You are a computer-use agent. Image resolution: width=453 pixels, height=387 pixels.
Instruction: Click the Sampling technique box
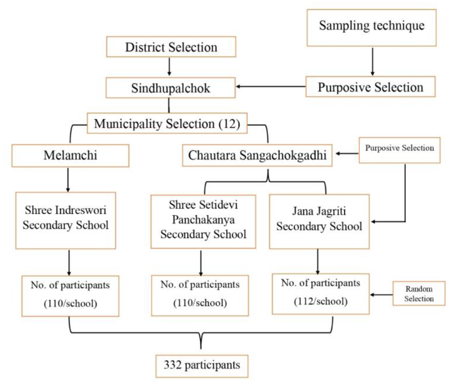(371, 27)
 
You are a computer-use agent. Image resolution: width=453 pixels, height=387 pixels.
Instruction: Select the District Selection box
(171, 47)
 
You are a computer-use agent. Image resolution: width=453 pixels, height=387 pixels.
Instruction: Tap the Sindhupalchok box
(171, 88)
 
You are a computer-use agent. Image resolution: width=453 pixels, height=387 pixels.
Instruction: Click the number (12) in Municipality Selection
(229, 124)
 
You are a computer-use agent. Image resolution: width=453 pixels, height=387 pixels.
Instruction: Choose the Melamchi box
(70, 155)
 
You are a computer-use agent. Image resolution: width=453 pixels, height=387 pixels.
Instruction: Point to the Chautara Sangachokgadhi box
(257, 155)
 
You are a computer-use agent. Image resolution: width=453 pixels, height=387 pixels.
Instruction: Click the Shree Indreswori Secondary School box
(66, 220)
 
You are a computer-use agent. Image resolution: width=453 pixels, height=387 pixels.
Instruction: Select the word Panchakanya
(203, 220)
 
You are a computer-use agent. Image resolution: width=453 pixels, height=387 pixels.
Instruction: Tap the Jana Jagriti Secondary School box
(319, 221)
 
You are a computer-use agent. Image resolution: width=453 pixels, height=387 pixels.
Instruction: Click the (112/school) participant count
(320, 301)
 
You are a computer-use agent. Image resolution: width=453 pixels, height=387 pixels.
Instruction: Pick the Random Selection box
(419, 293)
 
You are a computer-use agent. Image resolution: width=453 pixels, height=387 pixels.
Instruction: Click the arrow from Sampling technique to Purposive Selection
(372, 61)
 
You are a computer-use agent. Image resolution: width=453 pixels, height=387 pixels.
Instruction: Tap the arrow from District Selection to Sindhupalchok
(169, 67)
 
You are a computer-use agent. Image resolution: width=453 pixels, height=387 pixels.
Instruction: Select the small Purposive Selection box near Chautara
(399, 150)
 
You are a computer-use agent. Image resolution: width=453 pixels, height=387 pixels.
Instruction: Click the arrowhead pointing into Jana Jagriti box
(373, 221)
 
